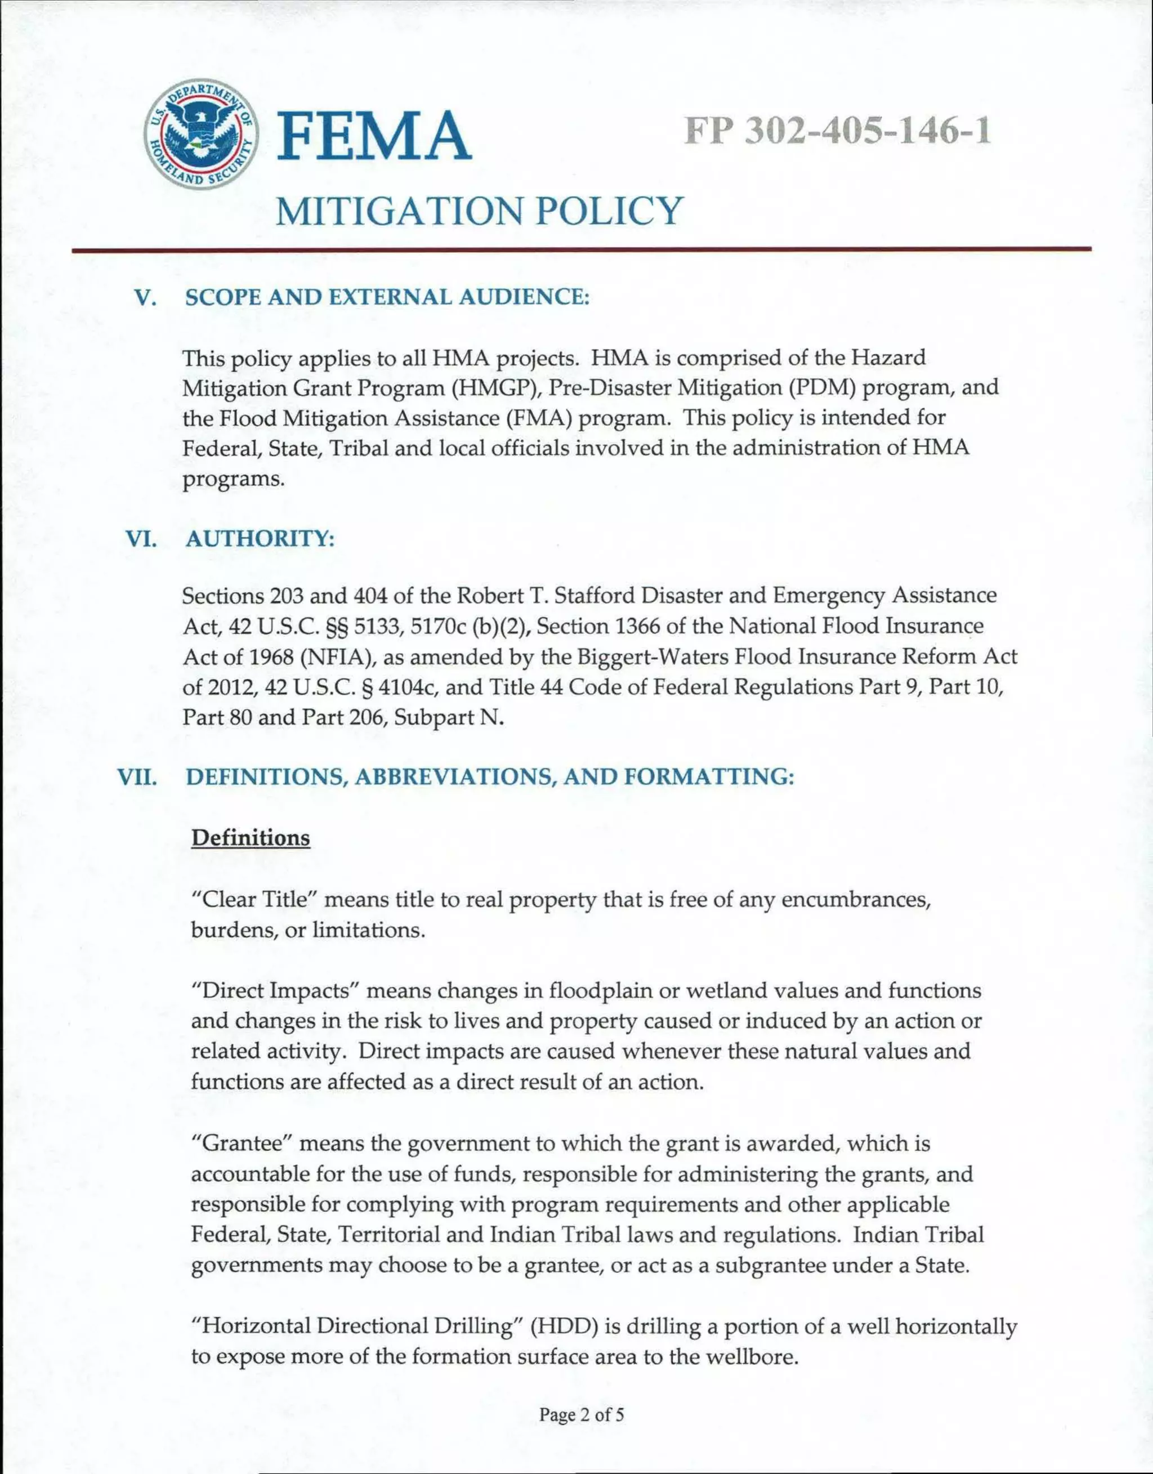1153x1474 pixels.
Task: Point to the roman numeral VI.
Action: [x=141, y=539]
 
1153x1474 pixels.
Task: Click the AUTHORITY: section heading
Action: [x=260, y=539]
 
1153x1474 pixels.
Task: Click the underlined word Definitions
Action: [x=251, y=838]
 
